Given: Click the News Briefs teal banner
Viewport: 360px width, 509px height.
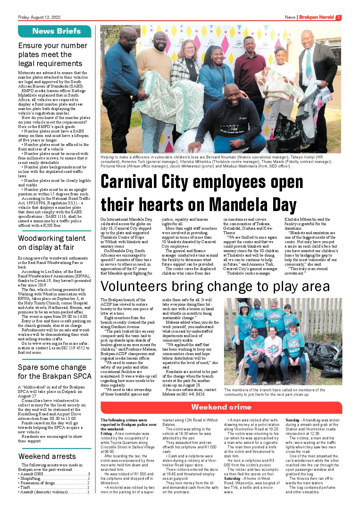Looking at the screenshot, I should click(55, 31).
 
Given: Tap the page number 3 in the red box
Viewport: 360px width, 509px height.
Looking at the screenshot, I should click(339, 17).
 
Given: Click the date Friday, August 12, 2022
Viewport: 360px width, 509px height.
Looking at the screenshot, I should click(39, 17).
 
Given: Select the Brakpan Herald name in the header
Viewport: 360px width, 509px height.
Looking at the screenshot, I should click(316, 17).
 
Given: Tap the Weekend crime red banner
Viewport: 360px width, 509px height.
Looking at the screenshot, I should click(221, 407).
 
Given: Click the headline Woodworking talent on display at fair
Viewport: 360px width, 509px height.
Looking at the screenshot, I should click(52, 243).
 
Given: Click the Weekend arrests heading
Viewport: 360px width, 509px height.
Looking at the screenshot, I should click(47, 456).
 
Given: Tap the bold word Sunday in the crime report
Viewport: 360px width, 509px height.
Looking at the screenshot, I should click(292, 420).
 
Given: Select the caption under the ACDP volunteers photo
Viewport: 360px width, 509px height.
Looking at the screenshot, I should click(274, 392).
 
